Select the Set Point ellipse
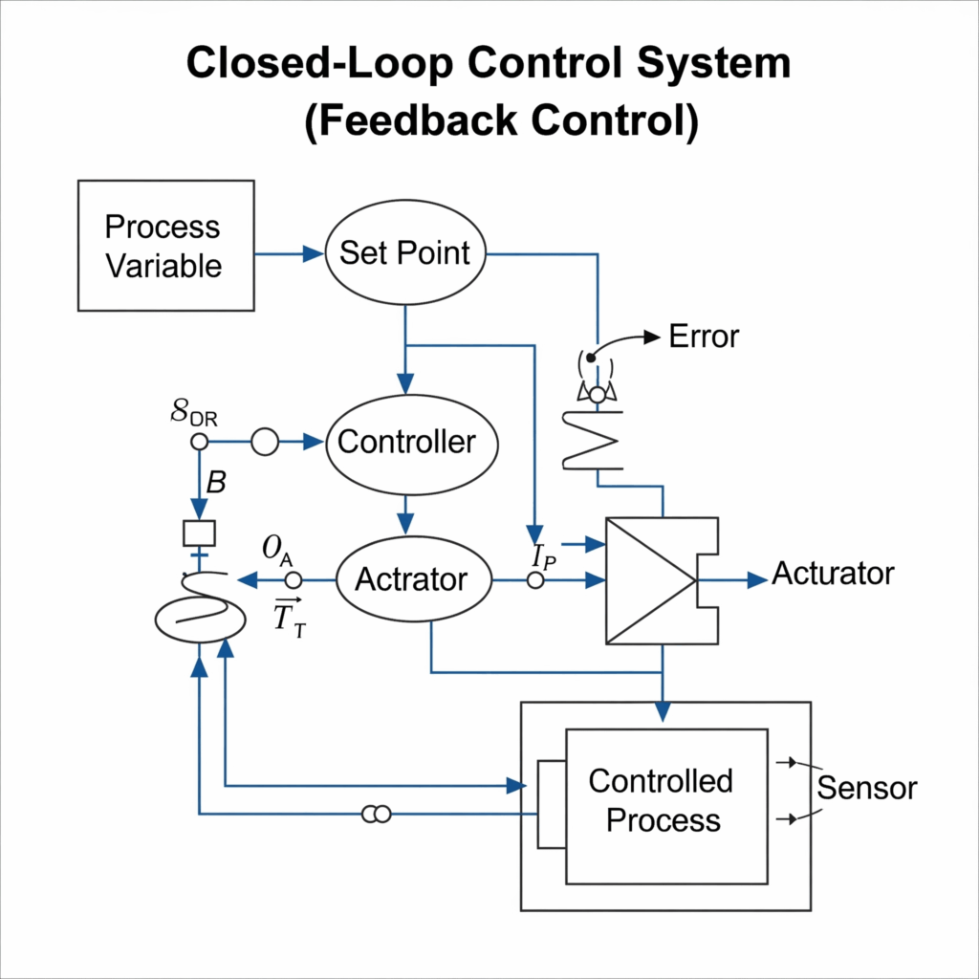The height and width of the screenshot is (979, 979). (406, 253)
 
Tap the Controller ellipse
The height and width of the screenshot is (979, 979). (406, 442)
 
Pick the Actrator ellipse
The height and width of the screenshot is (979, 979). (411, 579)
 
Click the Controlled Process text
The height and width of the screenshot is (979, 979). (662, 800)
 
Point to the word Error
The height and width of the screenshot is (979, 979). (704, 337)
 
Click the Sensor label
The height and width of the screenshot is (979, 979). (866, 788)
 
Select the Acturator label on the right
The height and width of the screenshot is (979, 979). (832, 574)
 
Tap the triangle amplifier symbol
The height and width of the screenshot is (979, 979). (650, 580)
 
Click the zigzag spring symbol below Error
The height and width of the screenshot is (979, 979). (593, 441)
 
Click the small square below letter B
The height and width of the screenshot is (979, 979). (200, 533)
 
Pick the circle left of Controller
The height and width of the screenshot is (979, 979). (264, 442)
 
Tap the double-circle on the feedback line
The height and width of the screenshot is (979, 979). (376, 814)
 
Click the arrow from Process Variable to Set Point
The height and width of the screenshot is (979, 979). (291, 253)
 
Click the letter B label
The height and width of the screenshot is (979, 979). (216, 483)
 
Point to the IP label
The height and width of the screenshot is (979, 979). (543, 554)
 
